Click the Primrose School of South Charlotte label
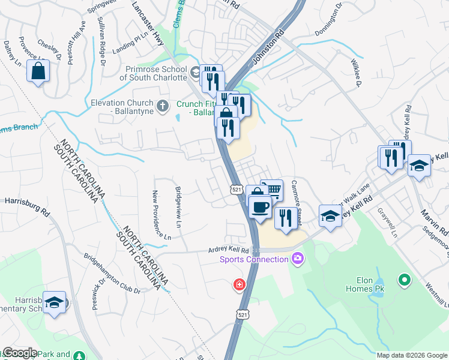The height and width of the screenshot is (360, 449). (x=152, y=73)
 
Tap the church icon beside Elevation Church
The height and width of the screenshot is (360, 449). (x=161, y=107)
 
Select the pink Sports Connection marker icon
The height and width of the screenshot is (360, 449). (x=297, y=259)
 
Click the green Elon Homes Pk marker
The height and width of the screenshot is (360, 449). (x=404, y=280)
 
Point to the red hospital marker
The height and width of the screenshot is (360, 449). (x=240, y=284)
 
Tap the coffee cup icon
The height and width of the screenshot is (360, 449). (x=260, y=208)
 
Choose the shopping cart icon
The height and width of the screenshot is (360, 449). (x=272, y=190)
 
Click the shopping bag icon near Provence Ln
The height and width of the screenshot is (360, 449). (x=38, y=71)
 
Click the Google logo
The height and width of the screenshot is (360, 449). (x=19, y=353)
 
